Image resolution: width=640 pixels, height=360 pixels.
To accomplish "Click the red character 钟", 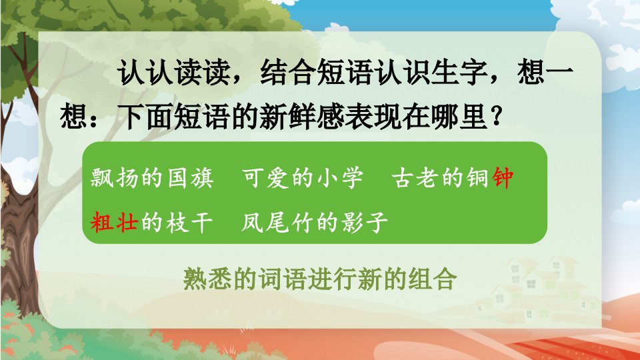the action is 503,178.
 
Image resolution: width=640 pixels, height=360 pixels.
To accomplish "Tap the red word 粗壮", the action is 114,223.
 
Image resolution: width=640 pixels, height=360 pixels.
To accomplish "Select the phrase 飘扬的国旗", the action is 152,178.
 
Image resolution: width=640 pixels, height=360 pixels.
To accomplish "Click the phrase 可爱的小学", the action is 303,178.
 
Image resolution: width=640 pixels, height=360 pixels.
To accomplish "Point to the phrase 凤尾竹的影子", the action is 314,223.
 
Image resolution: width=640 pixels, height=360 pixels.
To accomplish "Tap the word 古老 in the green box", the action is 415,178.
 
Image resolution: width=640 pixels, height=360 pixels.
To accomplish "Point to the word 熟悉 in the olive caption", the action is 208,279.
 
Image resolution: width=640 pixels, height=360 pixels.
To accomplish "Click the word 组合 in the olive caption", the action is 432,279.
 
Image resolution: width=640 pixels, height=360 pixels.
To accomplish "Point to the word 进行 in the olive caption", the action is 333,279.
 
